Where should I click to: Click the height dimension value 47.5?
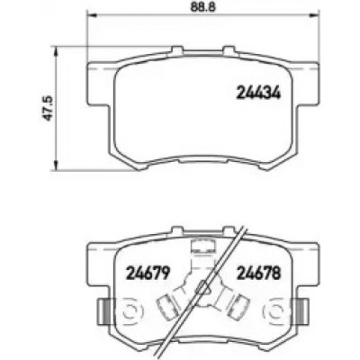pos(48,108)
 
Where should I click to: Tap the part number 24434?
pos(258,93)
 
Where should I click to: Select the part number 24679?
pos(148,273)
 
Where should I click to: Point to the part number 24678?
pos(258,273)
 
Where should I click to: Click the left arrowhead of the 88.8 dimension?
pos(91,14)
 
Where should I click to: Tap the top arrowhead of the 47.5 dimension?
pos(55,51)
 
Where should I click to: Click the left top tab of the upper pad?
pos(177,50)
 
